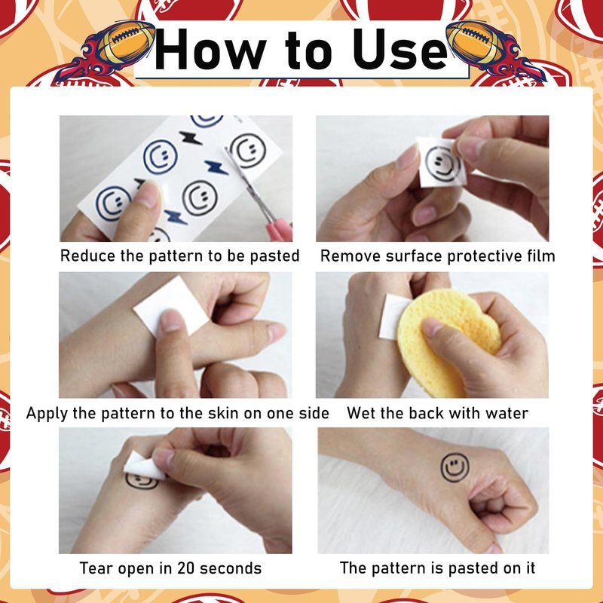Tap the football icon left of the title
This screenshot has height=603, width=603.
(127, 42)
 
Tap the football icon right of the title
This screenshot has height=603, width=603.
(476, 41)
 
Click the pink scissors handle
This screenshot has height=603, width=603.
(280, 230)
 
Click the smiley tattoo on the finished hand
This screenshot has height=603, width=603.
(455, 467)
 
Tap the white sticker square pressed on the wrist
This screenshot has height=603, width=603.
(171, 306)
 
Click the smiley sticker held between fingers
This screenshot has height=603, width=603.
(442, 163)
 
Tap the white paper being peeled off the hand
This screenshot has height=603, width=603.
(144, 466)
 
